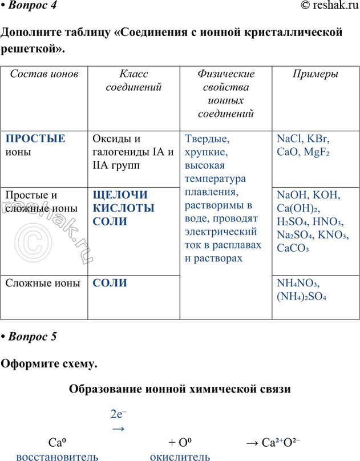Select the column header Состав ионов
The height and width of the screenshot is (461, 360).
click(45, 74)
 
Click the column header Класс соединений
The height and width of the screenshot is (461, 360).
click(134, 80)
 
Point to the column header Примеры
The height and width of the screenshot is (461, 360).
click(315, 74)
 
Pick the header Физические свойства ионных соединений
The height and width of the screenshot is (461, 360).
click(226, 94)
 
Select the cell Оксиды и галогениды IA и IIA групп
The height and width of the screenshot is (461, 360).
click(132, 152)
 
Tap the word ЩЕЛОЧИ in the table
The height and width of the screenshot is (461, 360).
click(120, 195)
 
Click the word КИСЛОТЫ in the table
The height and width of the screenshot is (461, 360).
click(123, 208)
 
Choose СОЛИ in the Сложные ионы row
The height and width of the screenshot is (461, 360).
click(110, 283)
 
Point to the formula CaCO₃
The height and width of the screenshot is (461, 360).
click(293, 248)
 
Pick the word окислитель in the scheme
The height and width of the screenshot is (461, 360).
click(180, 456)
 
